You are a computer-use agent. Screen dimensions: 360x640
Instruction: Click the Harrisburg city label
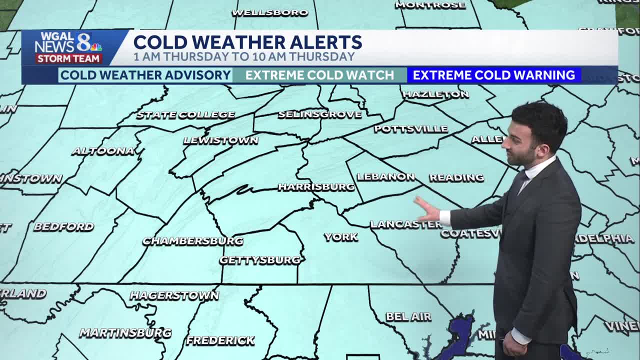pos(316,187)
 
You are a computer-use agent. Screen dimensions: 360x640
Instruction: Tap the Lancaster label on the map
pos(405,224)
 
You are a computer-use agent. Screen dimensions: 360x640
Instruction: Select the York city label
pos(341,237)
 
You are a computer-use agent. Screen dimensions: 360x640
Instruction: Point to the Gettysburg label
pos(260,260)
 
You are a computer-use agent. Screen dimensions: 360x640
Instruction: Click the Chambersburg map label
pos(193,241)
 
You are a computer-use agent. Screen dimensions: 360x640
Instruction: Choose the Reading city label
pos(456,177)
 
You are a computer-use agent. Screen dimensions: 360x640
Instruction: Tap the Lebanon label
pos(385,177)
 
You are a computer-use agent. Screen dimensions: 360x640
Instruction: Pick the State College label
pos(185,115)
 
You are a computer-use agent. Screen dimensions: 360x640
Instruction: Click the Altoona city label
pos(103,151)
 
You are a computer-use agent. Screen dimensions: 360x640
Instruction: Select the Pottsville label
pos(411,129)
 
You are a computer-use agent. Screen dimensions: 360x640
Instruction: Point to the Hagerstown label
pos(174,295)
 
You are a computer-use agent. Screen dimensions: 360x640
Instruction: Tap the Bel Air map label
pos(408,316)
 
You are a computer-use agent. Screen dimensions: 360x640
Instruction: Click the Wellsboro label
pos(270,13)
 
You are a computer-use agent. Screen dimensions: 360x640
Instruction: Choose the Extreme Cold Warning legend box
pos(493,75)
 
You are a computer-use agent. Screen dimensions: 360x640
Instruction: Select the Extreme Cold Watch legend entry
pos(319,75)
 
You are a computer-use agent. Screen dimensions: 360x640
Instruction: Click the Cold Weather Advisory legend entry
pos(145,75)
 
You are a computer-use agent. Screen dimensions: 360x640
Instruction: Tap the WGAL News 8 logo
pos(68,47)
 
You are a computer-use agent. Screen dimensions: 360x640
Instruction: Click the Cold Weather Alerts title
pos(247,42)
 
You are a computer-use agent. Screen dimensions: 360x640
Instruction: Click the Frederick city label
pos(220,340)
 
